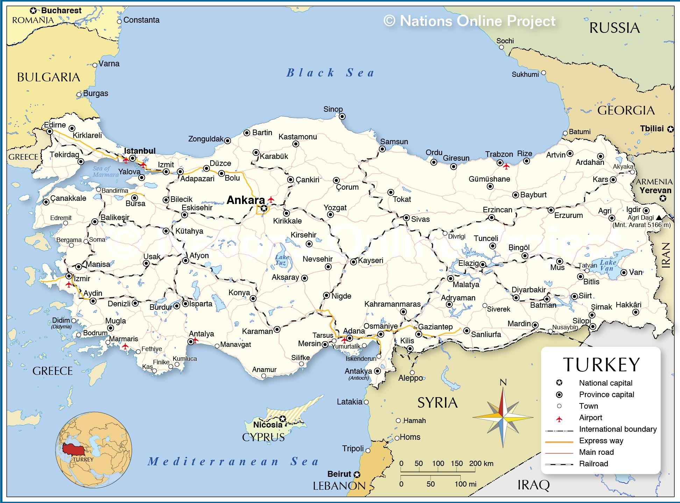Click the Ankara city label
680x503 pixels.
click(x=246, y=200)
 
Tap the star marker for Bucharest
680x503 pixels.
click(x=34, y=10)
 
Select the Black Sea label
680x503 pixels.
click(x=331, y=73)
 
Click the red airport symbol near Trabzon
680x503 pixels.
click(x=506, y=167)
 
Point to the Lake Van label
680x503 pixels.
click(x=608, y=265)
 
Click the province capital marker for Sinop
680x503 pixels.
click(x=342, y=116)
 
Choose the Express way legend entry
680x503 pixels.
click(x=601, y=441)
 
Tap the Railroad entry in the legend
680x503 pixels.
click(x=593, y=464)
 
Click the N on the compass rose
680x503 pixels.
click(x=503, y=382)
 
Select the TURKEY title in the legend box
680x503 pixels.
click(x=601, y=365)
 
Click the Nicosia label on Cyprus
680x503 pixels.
click(x=268, y=425)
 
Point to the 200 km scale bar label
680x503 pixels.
click(x=481, y=464)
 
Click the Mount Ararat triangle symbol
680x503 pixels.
click(x=659, y=217)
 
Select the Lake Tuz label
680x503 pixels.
click(x=282, y=260)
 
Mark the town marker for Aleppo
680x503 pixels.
click(x=412, y=373)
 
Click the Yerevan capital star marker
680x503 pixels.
click(x=663, y=198)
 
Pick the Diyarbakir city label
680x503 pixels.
click(x=529, y=290)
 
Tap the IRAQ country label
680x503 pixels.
click(x=533, y=484)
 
